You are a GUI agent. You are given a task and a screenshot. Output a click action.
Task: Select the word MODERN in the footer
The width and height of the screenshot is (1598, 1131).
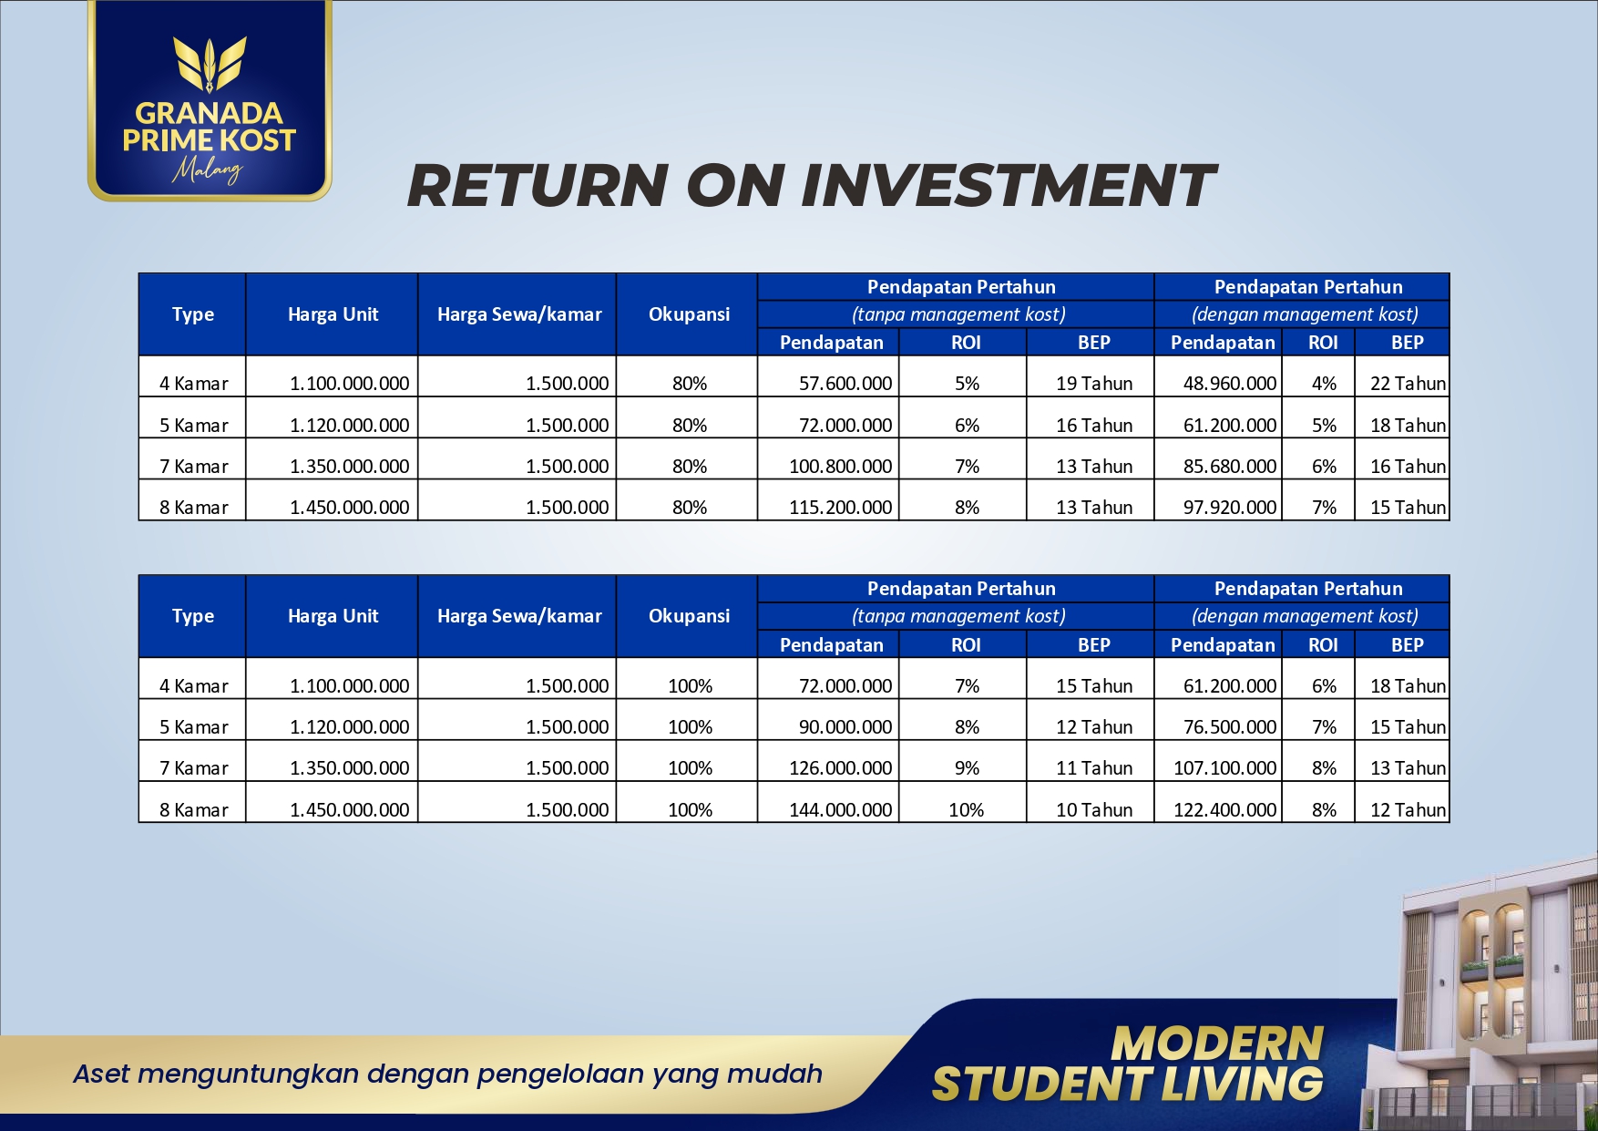click(1217, 1044)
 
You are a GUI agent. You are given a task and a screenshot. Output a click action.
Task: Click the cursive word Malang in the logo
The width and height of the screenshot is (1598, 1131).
click(209, 170)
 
